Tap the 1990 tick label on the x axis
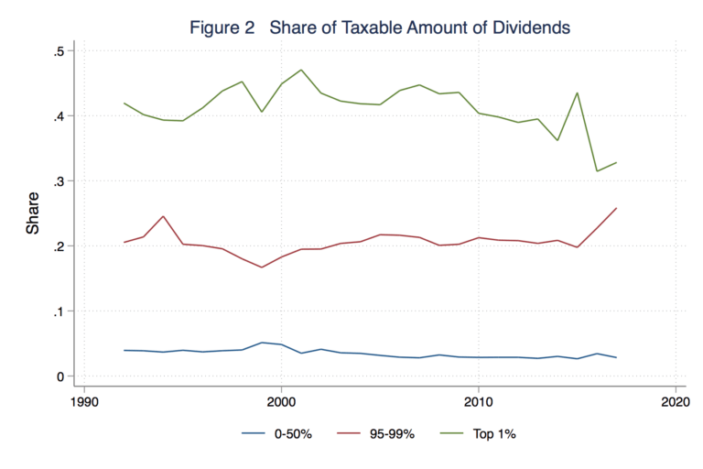pyautogui.click(x=84, y=401)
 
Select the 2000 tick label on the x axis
pyautogui.click(x=281, y=401)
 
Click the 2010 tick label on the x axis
pyautogui.click(x=478, y=401)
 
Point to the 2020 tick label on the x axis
pyautogui.click(x=674, y=401)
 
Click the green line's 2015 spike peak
pyautogui.click(x=577, y=93)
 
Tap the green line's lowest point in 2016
pyautogui.click(x=597, y=171)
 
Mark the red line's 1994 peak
pyautogui.click(x=163, y=216)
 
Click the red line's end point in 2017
pyautogui.click(x=616, y=208)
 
